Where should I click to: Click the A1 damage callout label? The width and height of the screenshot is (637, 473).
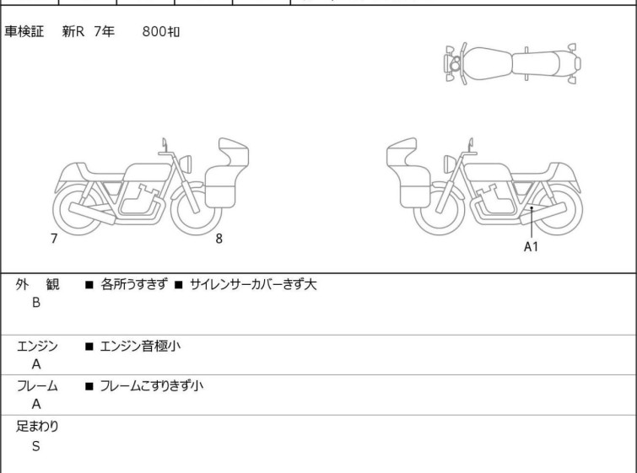(x=531, y=246)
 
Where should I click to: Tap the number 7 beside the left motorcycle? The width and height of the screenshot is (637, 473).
(x=54, y=239)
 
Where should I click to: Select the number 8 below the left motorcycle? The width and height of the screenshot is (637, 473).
(x=219, y=239)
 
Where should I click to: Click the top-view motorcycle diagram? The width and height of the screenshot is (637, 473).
(x=512, y=63)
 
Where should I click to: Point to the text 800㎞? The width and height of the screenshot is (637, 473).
(x=161, y=31)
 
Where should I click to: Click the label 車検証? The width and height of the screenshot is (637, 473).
(x=24, y=31)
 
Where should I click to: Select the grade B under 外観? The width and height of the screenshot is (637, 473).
(x=36, y=303)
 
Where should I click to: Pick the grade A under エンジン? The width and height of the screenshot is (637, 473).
(x=36, y=364)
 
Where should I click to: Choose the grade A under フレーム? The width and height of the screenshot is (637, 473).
(x=36, y=404)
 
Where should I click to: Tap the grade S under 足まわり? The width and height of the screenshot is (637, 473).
(x=36, y=446)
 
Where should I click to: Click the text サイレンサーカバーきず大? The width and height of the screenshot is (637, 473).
(x=252, y=284)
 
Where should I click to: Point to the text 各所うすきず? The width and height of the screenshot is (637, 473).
(x=133, y=284)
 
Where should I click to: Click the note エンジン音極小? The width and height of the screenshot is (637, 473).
(x=140, y=346)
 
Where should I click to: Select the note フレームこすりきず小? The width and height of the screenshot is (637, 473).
(x=152, y=385)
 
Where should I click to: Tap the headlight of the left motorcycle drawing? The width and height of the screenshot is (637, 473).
(x=186, y=164)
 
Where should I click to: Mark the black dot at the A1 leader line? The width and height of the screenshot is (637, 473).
(x=532, y=208)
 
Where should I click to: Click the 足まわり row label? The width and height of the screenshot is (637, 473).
(x=37, y=427)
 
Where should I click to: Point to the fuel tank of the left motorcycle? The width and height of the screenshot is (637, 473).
(x=147, y=172)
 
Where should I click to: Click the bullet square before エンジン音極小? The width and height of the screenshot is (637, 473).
(x=89, y=347)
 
